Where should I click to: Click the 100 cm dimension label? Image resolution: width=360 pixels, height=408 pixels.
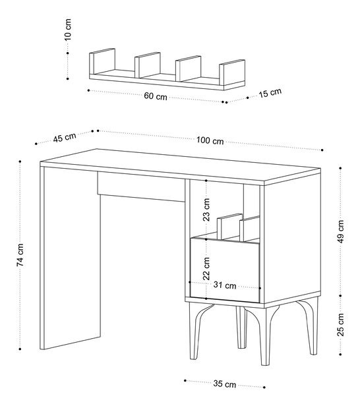pyautogui.click(x=210, y=140)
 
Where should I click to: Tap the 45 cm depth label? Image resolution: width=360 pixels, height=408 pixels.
pyautogui.click(x=65, y=137)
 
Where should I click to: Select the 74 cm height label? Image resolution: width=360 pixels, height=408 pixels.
pyautogui.click(x=20, y=255)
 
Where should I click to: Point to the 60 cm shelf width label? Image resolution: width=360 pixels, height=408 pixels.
pyautogui.click(x=156, y=96)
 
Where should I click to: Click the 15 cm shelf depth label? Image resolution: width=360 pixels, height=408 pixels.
pyautogui.click(x=270, y=93)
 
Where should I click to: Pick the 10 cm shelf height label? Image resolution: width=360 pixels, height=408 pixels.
pyautogui.click(x=68, y=30)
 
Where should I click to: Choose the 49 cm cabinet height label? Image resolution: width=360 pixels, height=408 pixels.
pyautogui.click(x=341, y=231)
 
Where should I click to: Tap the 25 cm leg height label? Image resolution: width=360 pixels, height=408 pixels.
pyautogui.click(x=341, y=325)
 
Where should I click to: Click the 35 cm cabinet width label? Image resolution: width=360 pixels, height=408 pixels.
pyautogui.click(x=225, y=384)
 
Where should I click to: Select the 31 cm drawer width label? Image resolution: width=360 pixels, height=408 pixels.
pyautogui.click(x=225, y=285)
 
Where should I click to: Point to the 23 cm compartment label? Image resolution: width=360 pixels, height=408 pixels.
pyautogui.click(x=206, y=210)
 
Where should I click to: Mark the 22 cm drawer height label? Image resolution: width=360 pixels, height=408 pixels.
pyautogui.click(x=206, y=268)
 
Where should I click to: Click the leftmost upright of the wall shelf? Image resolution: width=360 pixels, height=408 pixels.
pyautogui.click(x=102, y=61)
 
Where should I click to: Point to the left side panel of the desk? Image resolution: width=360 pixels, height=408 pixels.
pyautogui.click(x=71, y=258)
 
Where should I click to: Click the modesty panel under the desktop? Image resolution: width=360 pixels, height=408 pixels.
pyautogui.click(x=141, y=186)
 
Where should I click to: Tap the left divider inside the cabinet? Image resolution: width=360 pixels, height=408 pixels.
pyautogui.click(x=229, y=226)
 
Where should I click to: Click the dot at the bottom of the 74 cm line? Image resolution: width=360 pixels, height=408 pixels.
pyautogui.click(x=20, y=349)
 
